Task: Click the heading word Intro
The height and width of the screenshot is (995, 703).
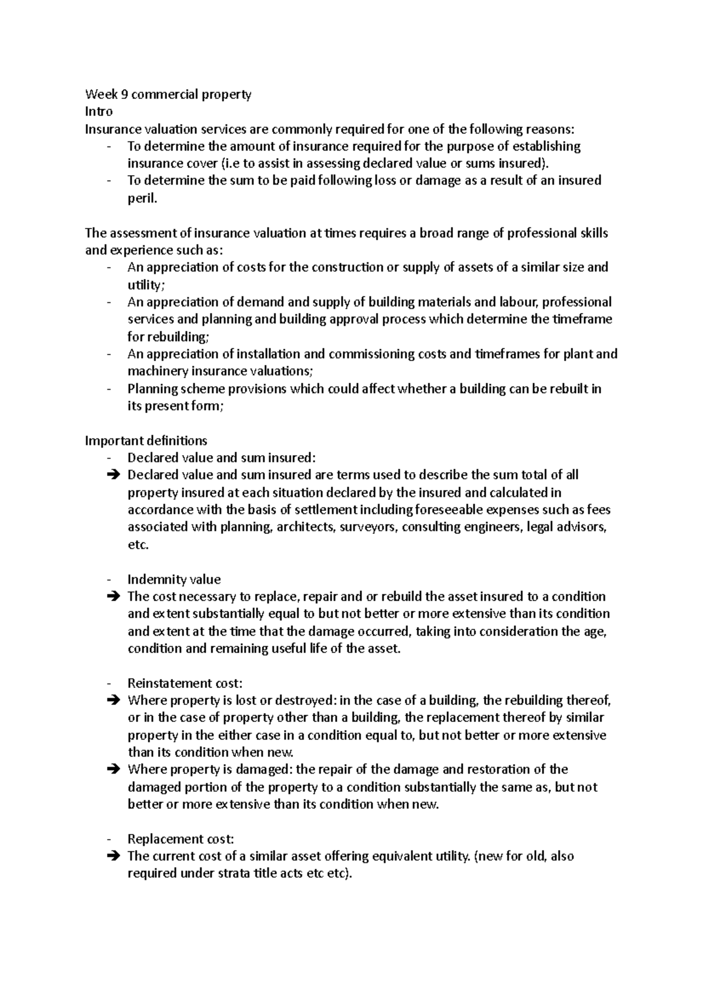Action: point(98,111)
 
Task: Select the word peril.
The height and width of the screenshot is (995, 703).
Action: point(142,199)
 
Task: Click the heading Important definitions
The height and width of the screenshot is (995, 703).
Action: point(146,441)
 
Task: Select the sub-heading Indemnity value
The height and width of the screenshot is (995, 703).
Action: point(174,580)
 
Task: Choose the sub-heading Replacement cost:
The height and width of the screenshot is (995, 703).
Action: point(180,839)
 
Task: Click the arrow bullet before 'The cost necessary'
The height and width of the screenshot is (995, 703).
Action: point(113,597)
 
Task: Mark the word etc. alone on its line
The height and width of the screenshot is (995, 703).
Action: point(138,545)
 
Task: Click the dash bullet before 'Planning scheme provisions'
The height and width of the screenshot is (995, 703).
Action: point(110,389)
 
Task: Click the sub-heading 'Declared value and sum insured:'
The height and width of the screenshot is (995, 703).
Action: point(221,458)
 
